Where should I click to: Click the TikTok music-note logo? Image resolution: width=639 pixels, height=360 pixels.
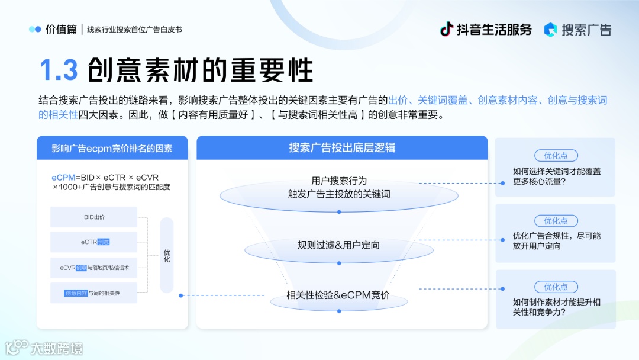click(x=447, y=29)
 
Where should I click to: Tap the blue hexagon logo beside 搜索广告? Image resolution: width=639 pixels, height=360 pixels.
click(x=551, y=30)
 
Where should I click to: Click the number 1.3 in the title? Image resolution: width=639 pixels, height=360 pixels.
click(x=59, y=70)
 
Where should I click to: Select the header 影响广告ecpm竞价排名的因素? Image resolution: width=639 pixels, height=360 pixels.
click(x=112, y=148)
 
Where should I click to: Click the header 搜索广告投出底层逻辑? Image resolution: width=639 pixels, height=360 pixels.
click(x=342, y=148)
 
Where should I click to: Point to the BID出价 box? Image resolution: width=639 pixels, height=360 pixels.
click(x=93, y=217)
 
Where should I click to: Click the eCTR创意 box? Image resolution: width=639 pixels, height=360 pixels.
click(x=93, y=242)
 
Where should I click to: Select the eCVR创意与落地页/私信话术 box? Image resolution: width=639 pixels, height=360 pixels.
click(x=93, y=268)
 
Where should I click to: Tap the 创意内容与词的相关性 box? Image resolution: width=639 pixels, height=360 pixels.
click(x=93, y=293)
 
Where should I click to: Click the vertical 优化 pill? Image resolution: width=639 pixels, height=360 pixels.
click(x=167, y=255)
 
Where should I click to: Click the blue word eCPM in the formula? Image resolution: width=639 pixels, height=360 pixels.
click(x=63, y=178)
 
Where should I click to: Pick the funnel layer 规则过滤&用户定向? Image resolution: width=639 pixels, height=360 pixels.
click(x=338, y=245)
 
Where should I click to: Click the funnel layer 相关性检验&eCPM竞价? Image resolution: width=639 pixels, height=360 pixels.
click(x=338, y=295)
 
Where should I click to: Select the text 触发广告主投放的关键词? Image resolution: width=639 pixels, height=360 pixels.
click(x=338, y=194)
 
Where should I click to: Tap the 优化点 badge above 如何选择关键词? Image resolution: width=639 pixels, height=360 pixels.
click(x=556, y=156)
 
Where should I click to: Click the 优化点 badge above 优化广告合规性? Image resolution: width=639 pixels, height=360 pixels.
click(x=556, y=221)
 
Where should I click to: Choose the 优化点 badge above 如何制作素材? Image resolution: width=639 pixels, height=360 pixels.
click(x=556, y=287)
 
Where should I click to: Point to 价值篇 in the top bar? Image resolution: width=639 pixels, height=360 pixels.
click(x=61, y=30)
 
